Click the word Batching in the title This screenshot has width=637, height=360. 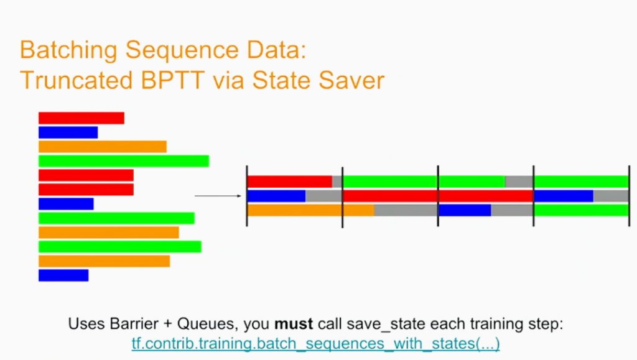(x=69, y=51)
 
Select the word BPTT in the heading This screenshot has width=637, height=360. (x=172, y=80)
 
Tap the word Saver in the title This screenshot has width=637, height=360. (x=351, y=80)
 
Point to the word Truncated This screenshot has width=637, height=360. (x=76, y=80)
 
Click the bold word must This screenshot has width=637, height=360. (x=294, y=324)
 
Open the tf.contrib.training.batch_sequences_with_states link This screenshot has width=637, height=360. (x=315, y=344)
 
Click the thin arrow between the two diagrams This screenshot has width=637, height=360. (x=218, y=196)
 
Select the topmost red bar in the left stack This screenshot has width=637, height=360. (x=81, y=118)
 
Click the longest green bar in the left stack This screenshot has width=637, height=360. (x=124, y=161)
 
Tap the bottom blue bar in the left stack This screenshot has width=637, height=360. (x=63, y=275)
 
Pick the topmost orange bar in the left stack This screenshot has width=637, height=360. (x=103, y=147)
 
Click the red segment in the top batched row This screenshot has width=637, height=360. (x=290, y=182)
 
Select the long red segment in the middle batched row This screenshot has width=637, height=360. (x=439, y=196)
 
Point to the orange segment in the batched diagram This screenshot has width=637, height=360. (x=311, y=210)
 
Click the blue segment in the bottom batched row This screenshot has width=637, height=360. (x=465, y=210)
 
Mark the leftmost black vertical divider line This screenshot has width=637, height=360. (x=247, y=196)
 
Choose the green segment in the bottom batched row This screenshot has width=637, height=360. (x=582, y=210)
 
